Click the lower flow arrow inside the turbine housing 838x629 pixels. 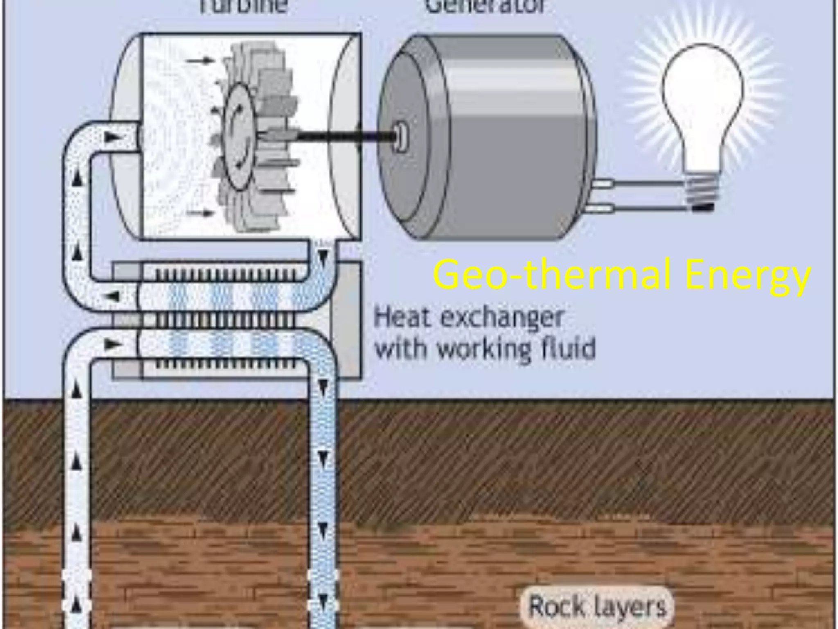click(x=200, y=213)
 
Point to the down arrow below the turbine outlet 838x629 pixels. click(x=323, y=259)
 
